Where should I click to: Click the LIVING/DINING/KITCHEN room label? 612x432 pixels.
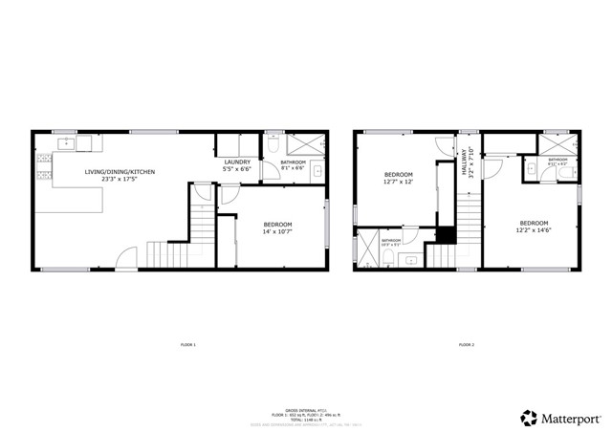pos(120,172)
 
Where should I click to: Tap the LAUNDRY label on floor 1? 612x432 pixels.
pos(237,162)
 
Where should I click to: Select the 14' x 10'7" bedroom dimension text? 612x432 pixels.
pos(277,231)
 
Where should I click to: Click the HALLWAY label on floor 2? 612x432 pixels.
pos(466,159)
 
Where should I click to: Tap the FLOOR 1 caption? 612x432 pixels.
pos(187,344)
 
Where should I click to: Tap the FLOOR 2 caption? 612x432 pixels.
pos(466,344)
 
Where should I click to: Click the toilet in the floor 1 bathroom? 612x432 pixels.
pos(273,146)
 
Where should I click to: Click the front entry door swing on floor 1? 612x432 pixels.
pos(126,258)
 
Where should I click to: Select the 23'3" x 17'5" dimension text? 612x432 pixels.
pos(120,180)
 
